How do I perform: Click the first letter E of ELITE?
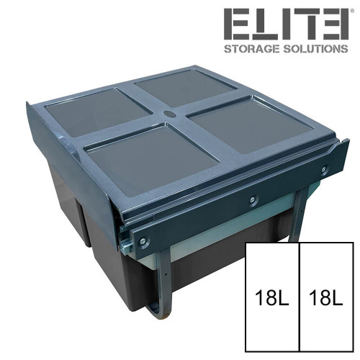(x=237, y=24)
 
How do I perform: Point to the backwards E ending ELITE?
(x=335, y=24)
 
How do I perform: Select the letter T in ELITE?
(x=307, y=24)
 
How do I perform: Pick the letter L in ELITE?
(x=264, y=24)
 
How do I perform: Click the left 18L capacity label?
(x=272, y=297)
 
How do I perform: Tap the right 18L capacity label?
(x=326, y=297)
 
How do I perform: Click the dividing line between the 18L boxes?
(x=300, y=295)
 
